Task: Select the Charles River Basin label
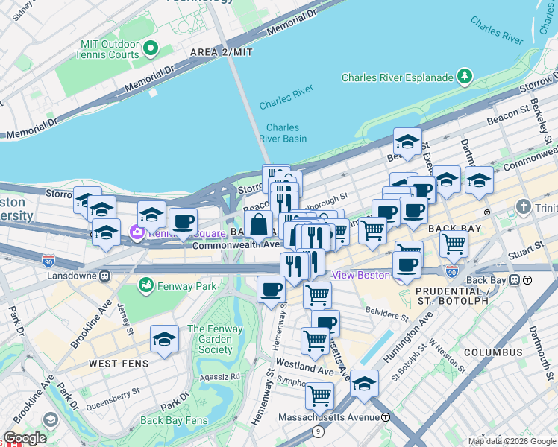[283, 133]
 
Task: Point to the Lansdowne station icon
[105, 275]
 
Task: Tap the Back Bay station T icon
[527, 280]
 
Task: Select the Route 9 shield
[319, 431]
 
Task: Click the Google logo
[25, 438]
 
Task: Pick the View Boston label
[361, 275]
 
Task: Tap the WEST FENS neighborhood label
[119, 363]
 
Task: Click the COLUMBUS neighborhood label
[492, 352]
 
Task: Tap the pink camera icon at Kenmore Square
[137, 232]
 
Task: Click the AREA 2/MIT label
[222, 52]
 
